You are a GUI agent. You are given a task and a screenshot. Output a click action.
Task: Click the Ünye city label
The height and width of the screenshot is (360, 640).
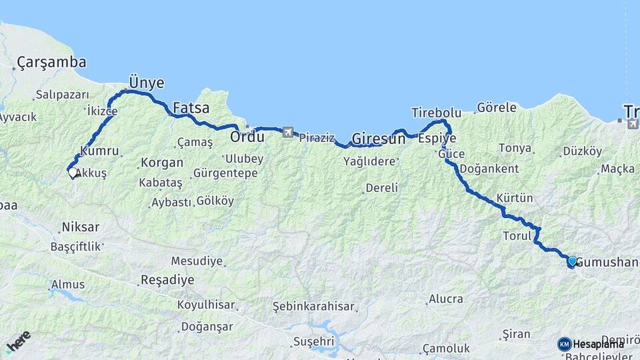146,83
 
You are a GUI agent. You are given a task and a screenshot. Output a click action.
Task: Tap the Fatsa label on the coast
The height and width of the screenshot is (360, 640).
191,107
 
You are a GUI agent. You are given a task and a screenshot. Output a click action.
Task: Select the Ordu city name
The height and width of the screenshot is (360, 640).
247,137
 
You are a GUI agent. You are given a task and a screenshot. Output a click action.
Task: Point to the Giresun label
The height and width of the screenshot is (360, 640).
378,139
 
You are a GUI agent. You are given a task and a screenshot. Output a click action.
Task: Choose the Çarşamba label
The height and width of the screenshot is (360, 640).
51,63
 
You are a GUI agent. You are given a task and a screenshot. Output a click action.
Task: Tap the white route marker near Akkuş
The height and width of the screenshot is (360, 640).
72,172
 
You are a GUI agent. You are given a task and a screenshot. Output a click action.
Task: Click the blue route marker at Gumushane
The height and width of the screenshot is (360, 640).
572,261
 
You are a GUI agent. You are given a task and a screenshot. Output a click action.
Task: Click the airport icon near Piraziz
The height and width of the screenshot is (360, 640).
288,132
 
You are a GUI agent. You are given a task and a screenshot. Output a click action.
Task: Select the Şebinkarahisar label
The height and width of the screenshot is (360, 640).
311,306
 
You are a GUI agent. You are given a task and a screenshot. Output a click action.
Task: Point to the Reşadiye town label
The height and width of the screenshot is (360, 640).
167,280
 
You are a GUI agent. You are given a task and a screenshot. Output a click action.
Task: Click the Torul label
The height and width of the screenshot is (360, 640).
516,235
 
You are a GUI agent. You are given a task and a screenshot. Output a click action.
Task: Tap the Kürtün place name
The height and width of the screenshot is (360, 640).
515,198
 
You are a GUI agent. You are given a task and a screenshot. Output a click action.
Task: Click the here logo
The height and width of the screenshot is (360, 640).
18,341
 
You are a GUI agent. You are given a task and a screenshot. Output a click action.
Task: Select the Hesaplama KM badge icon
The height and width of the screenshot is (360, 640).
564,344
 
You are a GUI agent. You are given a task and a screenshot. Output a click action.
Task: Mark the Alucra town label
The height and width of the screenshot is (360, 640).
445,299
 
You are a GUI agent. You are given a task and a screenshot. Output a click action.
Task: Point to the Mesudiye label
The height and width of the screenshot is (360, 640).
197,261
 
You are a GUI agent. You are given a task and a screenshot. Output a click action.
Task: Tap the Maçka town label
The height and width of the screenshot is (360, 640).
617,169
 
